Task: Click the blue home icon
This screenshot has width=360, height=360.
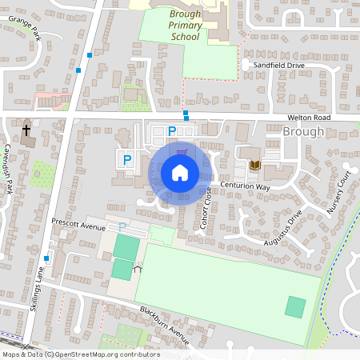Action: [179, 172]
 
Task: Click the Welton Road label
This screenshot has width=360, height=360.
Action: [308, 118]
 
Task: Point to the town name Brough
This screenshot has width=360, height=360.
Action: [304, 132]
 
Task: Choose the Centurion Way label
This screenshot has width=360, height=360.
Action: [246, 186]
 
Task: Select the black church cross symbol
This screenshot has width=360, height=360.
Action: [26, 130]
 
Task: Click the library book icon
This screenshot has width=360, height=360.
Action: [254, 166]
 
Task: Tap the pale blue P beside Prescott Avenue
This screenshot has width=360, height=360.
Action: [122, 228]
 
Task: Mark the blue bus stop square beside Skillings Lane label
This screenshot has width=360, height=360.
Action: [46, 258]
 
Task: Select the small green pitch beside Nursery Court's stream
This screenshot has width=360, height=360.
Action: [295, 306]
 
